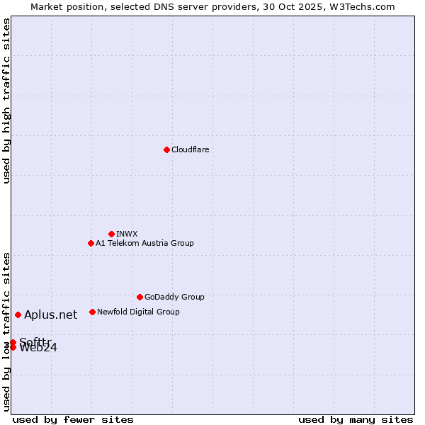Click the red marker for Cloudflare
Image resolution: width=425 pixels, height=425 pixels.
pos(166,149)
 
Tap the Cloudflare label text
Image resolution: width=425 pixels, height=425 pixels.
pos(190,149)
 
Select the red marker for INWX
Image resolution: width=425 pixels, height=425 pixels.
pos(111,234)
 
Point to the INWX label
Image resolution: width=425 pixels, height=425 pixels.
pos(127,234)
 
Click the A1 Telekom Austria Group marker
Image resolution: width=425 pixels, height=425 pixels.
pos(91,243)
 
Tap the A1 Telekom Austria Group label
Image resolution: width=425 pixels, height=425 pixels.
pos(144,243)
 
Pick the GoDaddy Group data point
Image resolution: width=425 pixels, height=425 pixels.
pos(140,297)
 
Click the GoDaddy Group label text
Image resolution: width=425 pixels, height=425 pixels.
pos(174,297)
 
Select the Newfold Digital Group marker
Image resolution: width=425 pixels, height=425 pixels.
pos(92,312)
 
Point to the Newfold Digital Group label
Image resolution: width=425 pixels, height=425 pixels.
pos(138,312)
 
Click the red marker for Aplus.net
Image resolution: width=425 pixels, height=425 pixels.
pos(18,314)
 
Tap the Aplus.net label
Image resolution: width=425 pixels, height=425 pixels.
pos(50,315)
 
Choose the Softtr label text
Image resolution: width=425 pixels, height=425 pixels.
pos(35,341)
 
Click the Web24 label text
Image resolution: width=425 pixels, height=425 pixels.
pos(38,348)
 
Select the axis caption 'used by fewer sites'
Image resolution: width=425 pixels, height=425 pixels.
pos(73,419)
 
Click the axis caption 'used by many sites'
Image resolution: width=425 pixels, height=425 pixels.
pos(356,419)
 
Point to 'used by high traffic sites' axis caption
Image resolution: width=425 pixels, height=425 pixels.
pos(6,101)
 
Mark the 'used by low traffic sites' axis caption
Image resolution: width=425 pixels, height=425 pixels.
pos(6,331)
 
